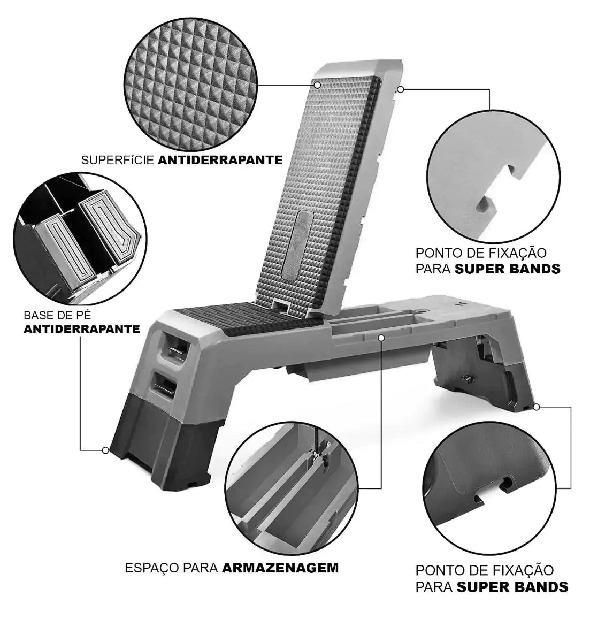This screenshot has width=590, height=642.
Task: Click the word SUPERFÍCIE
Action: click(118, 160)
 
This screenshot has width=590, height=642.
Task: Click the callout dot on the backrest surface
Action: click(317, 85)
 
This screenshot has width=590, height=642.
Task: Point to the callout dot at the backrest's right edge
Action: click(400, 89)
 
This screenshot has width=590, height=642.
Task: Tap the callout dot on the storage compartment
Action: click(381, 338)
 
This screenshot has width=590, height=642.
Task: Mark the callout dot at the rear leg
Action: click(537, 407)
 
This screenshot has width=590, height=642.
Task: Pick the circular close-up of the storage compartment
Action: click(292, 488)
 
